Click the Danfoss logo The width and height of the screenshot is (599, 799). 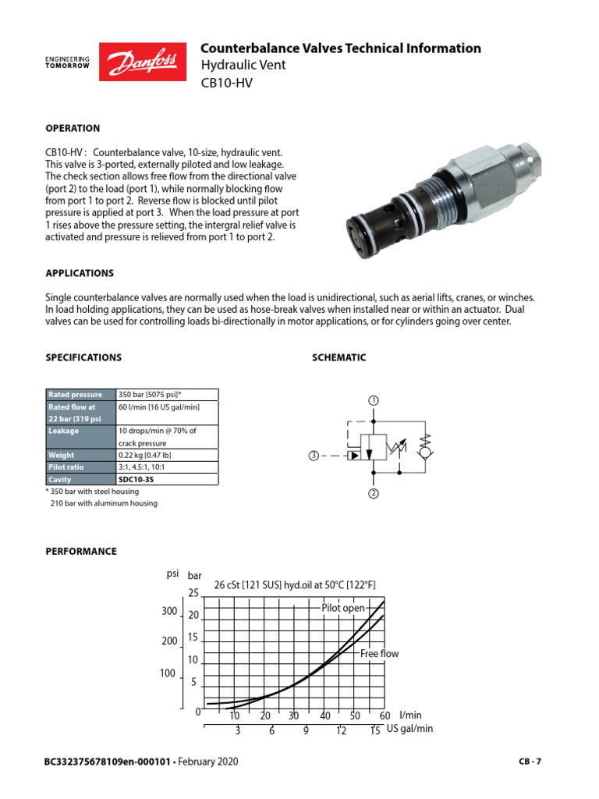pos(144,62)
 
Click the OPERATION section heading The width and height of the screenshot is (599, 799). pos(73,128)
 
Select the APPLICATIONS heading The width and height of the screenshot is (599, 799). pos(80,273)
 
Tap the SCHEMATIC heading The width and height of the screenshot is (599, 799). pos(338,357)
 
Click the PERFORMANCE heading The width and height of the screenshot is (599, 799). pos(82,551)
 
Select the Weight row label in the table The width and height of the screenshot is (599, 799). pos(62,455)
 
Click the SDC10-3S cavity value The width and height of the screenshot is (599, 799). pos(136,480)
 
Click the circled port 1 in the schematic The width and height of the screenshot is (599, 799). pos(374,400)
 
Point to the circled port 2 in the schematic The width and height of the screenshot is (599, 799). pos(374,494)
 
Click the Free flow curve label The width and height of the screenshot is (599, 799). pos(379,654)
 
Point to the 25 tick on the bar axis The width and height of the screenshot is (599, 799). pos(194,594)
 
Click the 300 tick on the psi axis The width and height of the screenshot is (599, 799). pos(169,611)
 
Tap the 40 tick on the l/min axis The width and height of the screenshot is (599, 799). pos(325,716)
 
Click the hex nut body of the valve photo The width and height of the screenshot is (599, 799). pos(484,165)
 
